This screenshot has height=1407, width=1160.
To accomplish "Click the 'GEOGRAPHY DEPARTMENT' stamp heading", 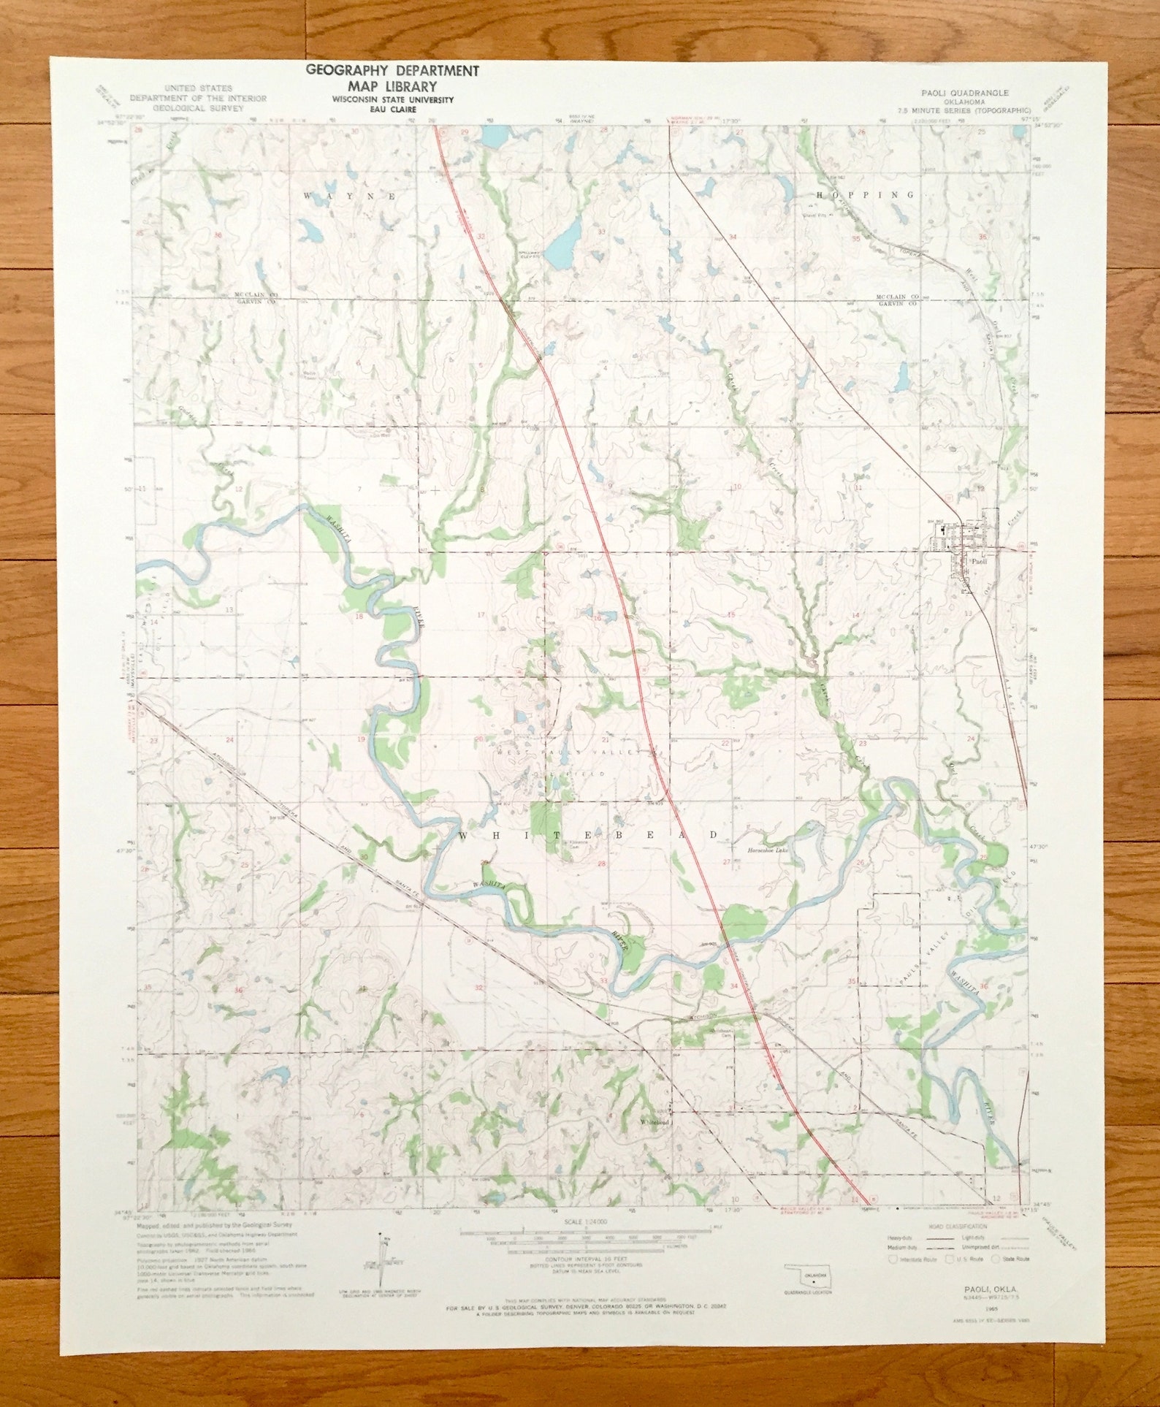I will click(392, 71).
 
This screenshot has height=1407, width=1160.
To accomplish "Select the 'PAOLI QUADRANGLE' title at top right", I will click(965, 93).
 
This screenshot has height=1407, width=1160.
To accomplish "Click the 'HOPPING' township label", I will click(864, 195).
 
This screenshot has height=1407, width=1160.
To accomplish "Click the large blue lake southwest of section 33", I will click(564, 245).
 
